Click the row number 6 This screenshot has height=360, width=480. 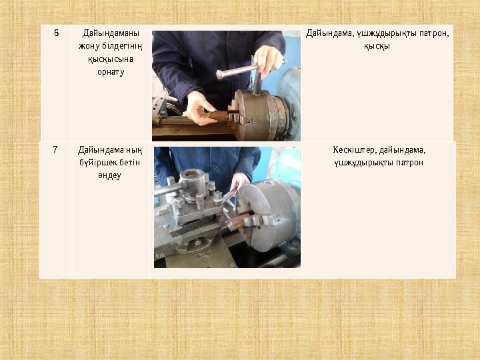tap(56, 33)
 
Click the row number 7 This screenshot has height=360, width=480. tap(55, 149)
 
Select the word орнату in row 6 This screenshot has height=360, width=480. tap(111, 72)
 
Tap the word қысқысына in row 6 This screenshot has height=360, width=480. tap(111, 59)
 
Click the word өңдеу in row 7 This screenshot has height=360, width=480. tap(109, 176)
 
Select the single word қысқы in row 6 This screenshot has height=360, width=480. tap(377, 46)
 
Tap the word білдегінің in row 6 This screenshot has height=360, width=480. tap(122, 46)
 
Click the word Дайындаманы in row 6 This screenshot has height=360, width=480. tap(111, 33)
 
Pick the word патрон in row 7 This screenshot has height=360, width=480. tap(409, 163)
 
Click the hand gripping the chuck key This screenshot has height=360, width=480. tap(268, 62)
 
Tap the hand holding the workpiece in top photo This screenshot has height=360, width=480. tap(199, 109)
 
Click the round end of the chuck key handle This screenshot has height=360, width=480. tap(220, 75)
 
